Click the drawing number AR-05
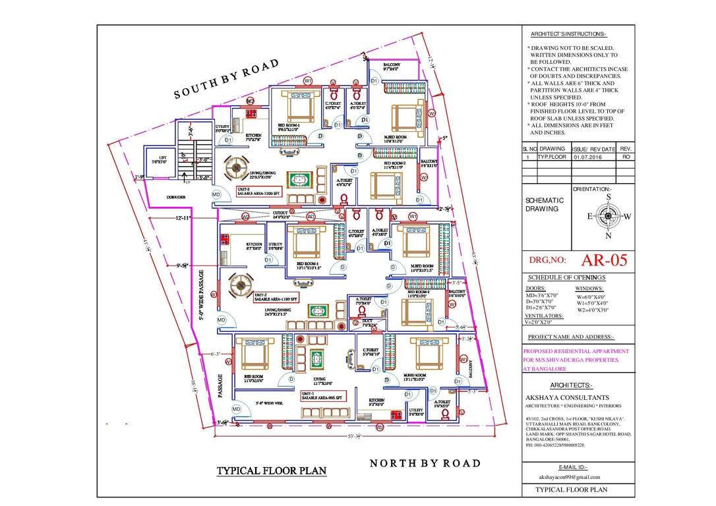[604, 260]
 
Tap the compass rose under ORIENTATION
[608, 215]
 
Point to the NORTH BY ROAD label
[425, 463]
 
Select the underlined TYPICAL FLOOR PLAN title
[272, 471]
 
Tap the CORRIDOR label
[175, 197]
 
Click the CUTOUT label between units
[281, 214]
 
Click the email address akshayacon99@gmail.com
[569, 476]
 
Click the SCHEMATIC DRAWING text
[545, 204]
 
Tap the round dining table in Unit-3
[235, 169]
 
